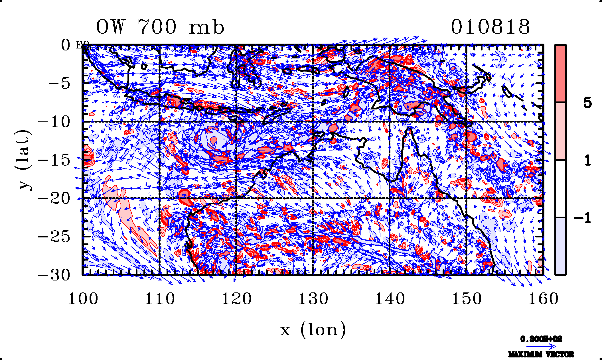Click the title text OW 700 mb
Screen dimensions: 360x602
(x=160, y=27)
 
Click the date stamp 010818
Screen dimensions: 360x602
(x=490, y=27)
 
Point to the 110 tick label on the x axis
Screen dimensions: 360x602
(x=160, y=299)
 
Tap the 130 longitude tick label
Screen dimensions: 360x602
(x=313, y=299)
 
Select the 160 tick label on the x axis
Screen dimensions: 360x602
(x=543, y=299)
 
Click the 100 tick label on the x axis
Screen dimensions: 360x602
(x=83, y=299)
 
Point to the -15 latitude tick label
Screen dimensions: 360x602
(x=54, y=160)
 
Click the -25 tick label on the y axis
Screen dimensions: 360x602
(x=54, y=237)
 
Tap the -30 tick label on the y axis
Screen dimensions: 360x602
(x=54, y=275)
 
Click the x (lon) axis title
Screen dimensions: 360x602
(x=313, y=330)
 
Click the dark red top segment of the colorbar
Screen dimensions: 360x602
(x=560, y=74)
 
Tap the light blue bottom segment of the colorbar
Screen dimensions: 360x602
(x=560, y=246)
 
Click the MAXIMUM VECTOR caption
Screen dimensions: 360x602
(x=541, y=354)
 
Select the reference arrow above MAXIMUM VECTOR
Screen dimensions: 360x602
(x=541, y=347)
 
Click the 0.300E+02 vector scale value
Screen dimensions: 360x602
(x=541, y=339)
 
